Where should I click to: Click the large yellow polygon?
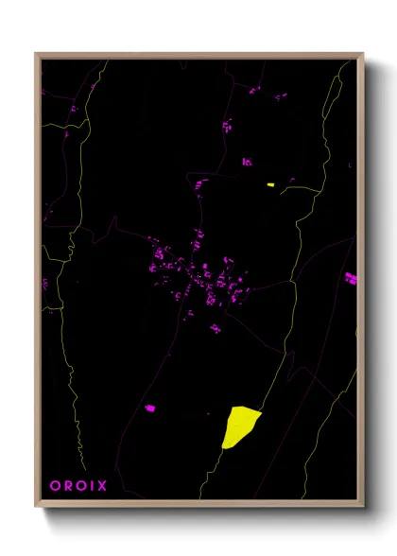point(239,426)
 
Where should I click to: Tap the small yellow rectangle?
point(270,184)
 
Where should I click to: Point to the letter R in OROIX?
point(66,486)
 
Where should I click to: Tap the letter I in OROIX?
point(92,486)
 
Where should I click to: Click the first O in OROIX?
point(54,486)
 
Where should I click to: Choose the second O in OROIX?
point(79,486)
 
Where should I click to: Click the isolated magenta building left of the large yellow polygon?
point(149,408)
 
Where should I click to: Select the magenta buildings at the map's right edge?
point(351,278)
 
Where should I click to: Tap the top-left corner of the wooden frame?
point(36,54)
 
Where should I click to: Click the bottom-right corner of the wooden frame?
point(362,506)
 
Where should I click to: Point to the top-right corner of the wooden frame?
point(362,54)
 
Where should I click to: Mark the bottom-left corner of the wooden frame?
point(36,506)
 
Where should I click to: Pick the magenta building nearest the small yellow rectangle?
point(247,162)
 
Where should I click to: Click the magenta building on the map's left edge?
point(44,283)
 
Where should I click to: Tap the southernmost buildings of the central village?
point(216,329)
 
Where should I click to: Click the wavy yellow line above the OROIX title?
point(80,435)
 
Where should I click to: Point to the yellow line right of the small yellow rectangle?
point(302,188)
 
